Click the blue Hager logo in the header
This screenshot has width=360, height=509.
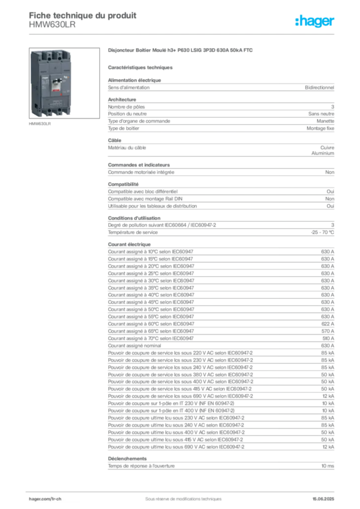(x=316, y=21)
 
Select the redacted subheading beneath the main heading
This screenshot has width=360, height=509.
(x=141, y=67)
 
